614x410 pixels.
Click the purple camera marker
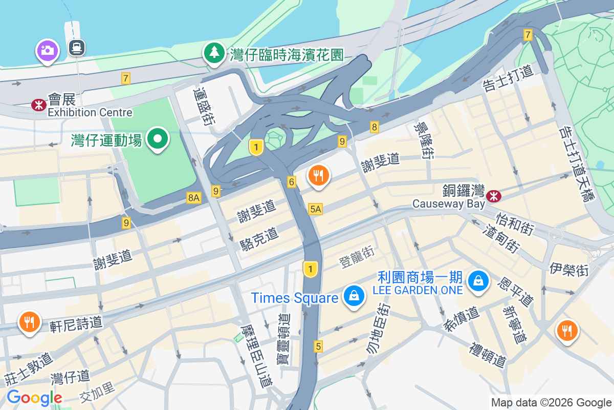point(47,50)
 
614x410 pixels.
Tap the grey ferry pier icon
point(77,48)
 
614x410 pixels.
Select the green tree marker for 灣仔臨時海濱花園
point(214,53)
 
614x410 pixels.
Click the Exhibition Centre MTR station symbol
point(38,105)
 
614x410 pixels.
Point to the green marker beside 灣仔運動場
point(158,139)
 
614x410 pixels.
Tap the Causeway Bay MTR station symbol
point(494,195)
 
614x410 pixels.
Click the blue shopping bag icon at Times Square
point(353,296)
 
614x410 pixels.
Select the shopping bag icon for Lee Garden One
point(478,280)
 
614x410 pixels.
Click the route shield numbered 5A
point(316,209)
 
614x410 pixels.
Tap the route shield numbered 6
point(292,181)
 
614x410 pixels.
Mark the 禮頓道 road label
point(488,355)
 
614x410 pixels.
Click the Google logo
point(34,398)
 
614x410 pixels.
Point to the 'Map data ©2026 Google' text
point(551,402)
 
